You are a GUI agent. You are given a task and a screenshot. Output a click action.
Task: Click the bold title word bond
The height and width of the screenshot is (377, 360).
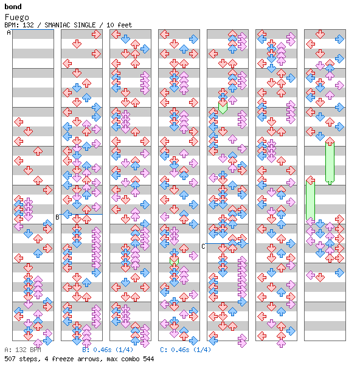coord(13,7)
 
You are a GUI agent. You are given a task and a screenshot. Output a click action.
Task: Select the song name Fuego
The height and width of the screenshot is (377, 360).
coord(17,17)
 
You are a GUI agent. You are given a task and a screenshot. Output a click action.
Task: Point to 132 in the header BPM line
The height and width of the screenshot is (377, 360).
coord(28,25)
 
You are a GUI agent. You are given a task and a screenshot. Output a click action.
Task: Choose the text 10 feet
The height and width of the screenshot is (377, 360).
coord(119,25)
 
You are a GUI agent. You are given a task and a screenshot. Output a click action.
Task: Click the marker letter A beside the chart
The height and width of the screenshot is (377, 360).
coord(9,32)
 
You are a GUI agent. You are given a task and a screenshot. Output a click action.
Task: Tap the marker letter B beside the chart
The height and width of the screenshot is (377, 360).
coord(57,217)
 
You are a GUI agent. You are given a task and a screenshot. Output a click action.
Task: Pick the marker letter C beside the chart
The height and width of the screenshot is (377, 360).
coord(204,246)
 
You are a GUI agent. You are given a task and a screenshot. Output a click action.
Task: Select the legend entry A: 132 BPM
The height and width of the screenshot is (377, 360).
coord(22,350)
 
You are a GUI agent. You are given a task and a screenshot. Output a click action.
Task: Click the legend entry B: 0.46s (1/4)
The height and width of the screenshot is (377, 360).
coord(108,350)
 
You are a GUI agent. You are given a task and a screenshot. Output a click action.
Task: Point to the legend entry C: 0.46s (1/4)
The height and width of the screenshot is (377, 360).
coord(185,350)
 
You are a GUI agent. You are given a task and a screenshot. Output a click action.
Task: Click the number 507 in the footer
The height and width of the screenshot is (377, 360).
coord(10,359)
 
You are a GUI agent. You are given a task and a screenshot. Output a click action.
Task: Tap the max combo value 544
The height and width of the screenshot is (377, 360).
coord(148,359)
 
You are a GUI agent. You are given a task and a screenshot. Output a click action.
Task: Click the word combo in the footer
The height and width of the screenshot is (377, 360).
coord(130,359)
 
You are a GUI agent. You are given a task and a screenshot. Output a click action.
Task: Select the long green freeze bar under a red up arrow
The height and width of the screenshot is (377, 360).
coord(330,163)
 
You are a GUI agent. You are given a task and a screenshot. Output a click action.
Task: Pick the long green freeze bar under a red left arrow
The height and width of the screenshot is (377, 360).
coord(310,201)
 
